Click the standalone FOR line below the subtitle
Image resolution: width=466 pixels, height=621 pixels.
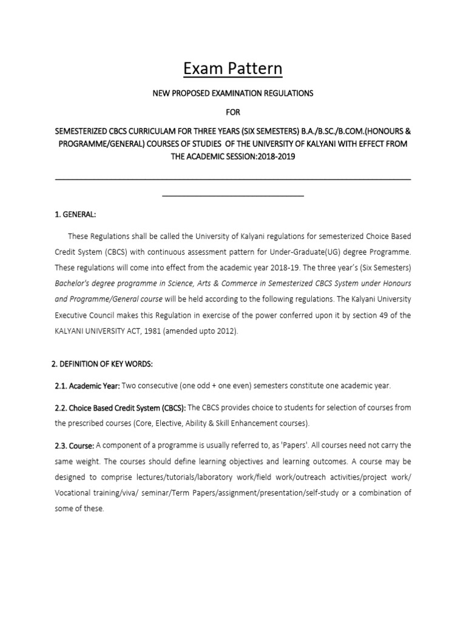point(233,112)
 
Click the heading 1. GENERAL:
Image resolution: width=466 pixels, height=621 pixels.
point(75,214)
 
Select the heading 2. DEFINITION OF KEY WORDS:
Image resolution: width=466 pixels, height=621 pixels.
point(101,363)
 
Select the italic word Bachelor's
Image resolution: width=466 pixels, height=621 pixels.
point(74,283)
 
